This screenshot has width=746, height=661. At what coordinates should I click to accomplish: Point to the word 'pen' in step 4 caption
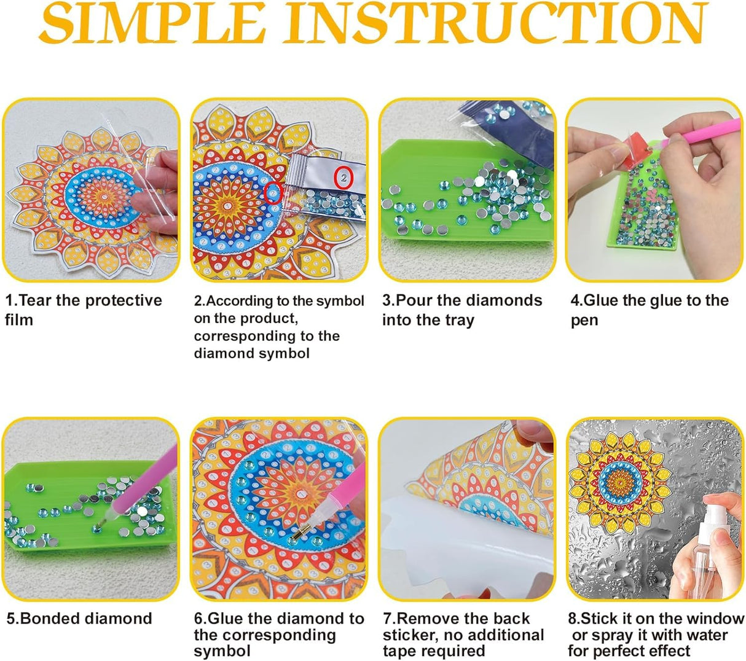584,321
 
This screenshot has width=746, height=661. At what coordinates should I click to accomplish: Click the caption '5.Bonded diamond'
79,618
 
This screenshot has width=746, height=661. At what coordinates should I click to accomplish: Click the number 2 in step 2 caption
198,301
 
